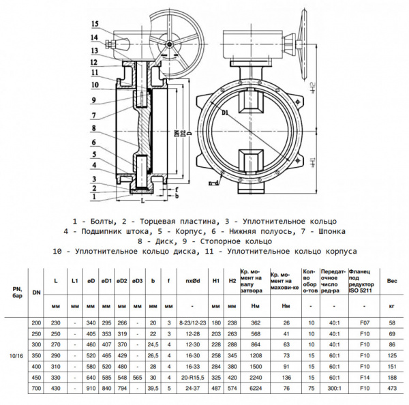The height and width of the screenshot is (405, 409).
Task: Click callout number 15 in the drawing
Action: point(95,24)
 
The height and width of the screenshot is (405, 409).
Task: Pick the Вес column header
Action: point(392,280)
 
